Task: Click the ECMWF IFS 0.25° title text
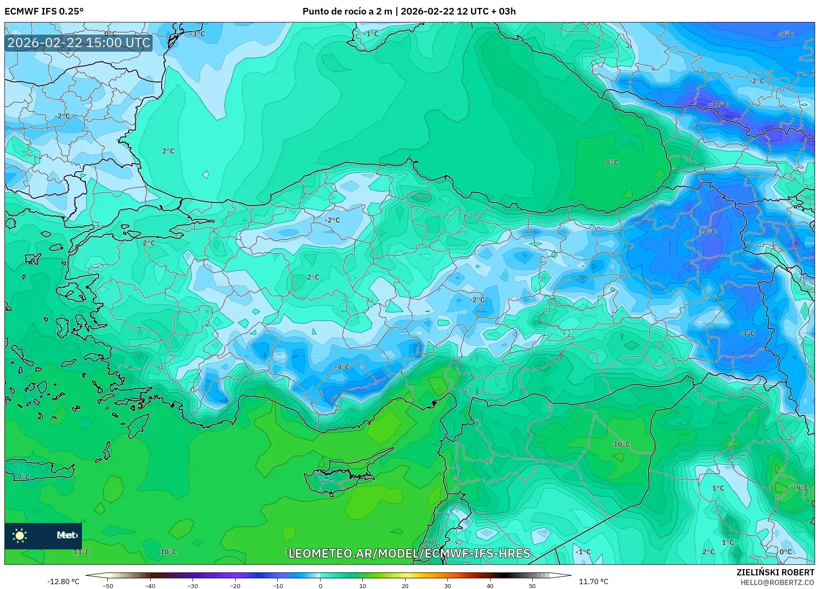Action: [x=44, y=11]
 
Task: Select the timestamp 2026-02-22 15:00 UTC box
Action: [x=79, y=43]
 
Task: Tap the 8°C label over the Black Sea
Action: [x=612, y=162]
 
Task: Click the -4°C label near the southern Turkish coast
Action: [x=342, y=367]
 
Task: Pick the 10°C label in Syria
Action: [x=621, y=444]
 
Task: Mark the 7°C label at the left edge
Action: [x=23, y=477]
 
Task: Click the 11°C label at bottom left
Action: [x=81, y=552]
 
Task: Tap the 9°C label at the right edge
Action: [x=802, y=488]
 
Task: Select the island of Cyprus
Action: [x=339, y=478]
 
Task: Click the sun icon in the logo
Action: [x=20, y=535]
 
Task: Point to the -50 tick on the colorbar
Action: [x=108, y=585]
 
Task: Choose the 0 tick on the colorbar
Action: [x=320, y=585]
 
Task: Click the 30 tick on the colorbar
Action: [x=447, y=585]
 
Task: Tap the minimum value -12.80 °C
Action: [x=63, y=582]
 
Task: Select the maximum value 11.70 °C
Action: [x=593, y=582]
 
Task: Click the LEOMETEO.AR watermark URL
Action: [x=409, y=553]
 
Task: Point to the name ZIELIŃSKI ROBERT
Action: [x=775, y=572]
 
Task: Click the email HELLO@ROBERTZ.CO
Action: [x=777, y=582]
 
